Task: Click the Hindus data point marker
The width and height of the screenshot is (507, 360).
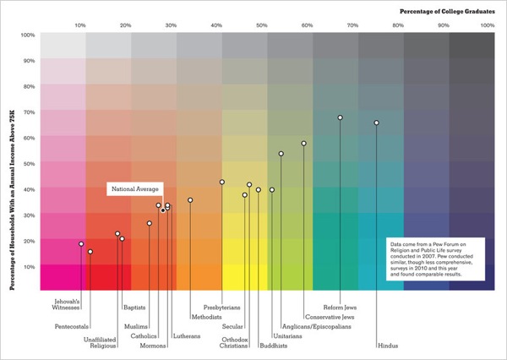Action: [376, 123]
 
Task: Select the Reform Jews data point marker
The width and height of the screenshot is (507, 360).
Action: [340, 117]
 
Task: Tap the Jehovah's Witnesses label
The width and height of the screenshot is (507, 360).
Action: [68, 305]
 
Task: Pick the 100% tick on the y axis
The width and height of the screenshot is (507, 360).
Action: [27, 35]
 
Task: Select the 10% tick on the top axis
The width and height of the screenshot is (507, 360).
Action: [80, 26]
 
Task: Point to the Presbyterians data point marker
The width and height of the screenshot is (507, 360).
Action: [221, 182]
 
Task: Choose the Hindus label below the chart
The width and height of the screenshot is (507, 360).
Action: [387, 346]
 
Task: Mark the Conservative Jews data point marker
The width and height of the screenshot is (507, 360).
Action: [303, 144]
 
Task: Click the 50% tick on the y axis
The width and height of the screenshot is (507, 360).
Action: [27, 163]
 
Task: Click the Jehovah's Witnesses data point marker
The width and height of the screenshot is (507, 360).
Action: [81, 243]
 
